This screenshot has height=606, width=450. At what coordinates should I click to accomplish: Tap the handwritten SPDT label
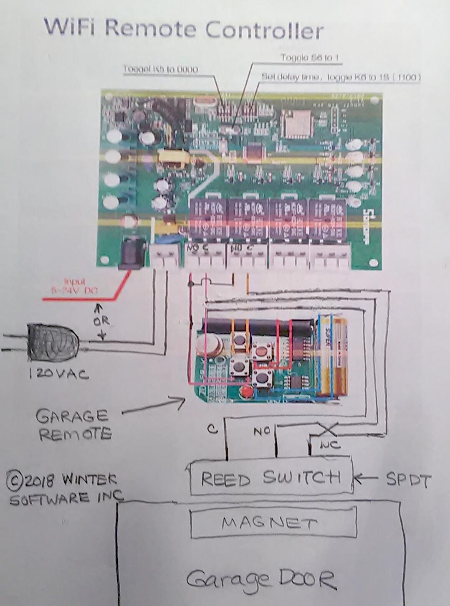pos(408,480)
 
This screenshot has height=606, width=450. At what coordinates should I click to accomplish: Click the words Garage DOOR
pos(261,580)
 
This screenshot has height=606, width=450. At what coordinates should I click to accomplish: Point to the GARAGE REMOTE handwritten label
pos(73,425)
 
